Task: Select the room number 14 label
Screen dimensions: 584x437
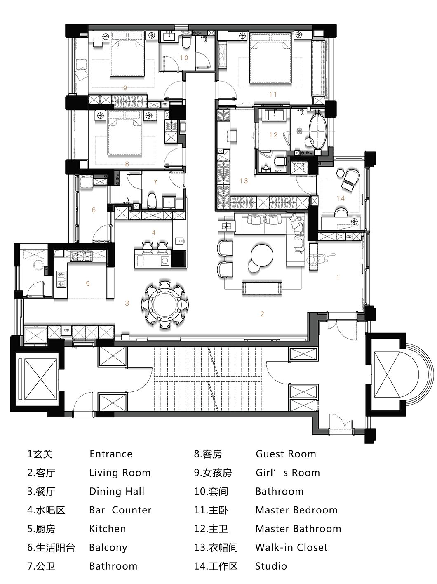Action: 340,198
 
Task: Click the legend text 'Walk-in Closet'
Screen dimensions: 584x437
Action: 291,547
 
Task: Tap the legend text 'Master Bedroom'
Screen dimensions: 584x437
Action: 296,510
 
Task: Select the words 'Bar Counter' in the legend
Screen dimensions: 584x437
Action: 120,510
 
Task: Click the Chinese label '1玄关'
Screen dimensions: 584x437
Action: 40,454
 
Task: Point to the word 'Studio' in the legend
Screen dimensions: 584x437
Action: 271,566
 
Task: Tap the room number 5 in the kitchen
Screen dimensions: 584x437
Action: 88,283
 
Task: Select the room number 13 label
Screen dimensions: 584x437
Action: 243,181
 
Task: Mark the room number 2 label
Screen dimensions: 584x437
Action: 262,314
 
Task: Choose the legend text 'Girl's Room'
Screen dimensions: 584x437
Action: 287,473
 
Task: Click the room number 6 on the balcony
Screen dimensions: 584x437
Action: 94,210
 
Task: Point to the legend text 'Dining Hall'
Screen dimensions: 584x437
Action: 117,491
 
